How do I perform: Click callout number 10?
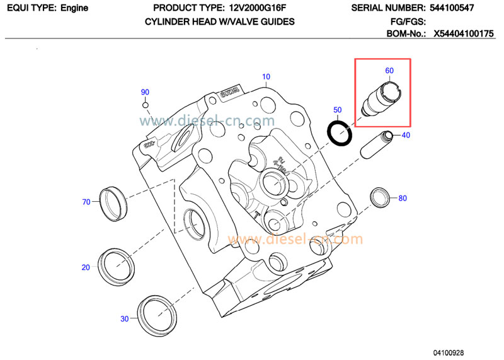click(x=266, y=77)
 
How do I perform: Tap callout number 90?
click(x=145, y=92)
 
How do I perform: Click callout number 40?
click(x=406, y=135)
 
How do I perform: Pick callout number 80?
click(x=403, y=198)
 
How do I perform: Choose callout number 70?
click(x=86, y=202)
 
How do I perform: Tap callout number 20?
click(x=86, y=267)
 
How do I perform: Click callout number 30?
click(x=124, y=319)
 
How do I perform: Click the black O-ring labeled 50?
click(x=340, y=131)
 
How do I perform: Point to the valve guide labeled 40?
click(x=375, y=145)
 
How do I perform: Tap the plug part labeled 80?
click(x=380, y=197)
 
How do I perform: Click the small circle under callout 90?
click(x=146, y=105)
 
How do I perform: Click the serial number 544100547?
click(x=467, y=9)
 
